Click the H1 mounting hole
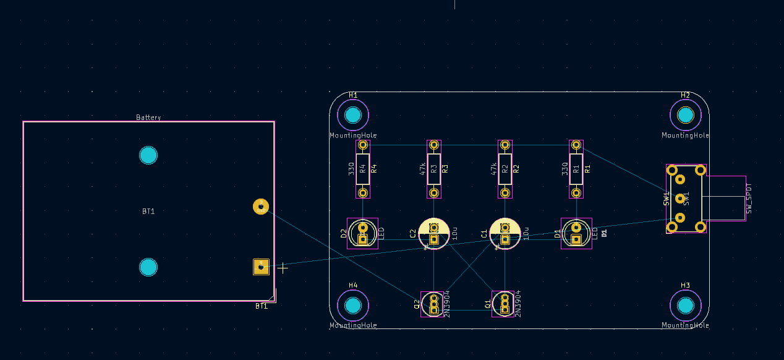(353, 115)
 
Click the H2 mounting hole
(685, 115)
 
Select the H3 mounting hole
(685, 305)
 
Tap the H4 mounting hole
(353, 305)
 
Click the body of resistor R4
(363, 168)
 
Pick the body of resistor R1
(576, 168)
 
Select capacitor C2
(434, 233)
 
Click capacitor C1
(505, 233)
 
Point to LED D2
(363, 234)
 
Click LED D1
(576, 234)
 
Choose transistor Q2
(434, 304)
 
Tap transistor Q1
(505, 304)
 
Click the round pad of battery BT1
(261, 207)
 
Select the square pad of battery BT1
(261, 267)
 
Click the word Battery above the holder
(148, 118)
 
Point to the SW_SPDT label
(749, 199)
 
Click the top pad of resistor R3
(434, 145)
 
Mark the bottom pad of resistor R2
(505, 192)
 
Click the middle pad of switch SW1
(680, 199)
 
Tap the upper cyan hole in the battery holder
(148, 155)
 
